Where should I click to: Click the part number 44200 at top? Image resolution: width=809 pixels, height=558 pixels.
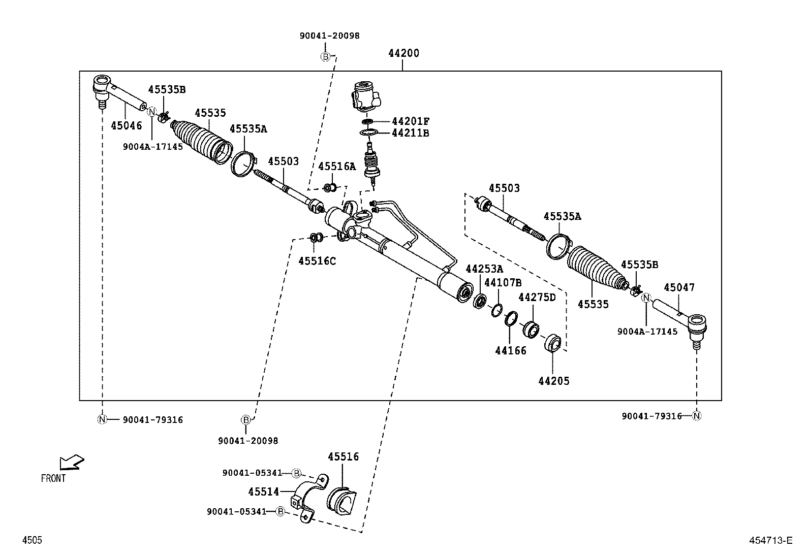(x=403, y=53)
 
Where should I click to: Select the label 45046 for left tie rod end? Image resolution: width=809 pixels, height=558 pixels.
(x=127, y=125)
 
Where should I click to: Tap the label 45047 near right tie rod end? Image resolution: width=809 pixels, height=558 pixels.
(x=679, y=288)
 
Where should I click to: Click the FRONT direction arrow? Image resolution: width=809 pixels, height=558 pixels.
(x=71, y=462)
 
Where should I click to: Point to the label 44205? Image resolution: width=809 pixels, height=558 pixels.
(x=554, y=381)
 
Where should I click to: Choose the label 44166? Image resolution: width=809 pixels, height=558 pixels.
(x=511, y=350)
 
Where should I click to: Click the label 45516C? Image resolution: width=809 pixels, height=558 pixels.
(x=317, y=261)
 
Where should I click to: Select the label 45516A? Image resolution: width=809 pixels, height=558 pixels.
(x=337, y=167)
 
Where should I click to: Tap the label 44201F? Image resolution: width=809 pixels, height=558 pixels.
(x=411, y=121)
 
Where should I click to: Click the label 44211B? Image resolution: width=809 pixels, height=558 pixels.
(x=411, y=133)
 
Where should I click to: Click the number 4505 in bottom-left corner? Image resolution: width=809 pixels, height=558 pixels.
(x=32, y=540)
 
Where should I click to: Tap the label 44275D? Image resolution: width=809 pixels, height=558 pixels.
(x=537, y=297)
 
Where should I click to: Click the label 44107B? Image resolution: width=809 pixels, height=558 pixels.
(x=502, y=282)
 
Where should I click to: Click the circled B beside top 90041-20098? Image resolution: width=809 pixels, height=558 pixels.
(x=325, y=56)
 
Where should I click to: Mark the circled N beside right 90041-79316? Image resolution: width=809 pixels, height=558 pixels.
(x=697, y=416)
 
